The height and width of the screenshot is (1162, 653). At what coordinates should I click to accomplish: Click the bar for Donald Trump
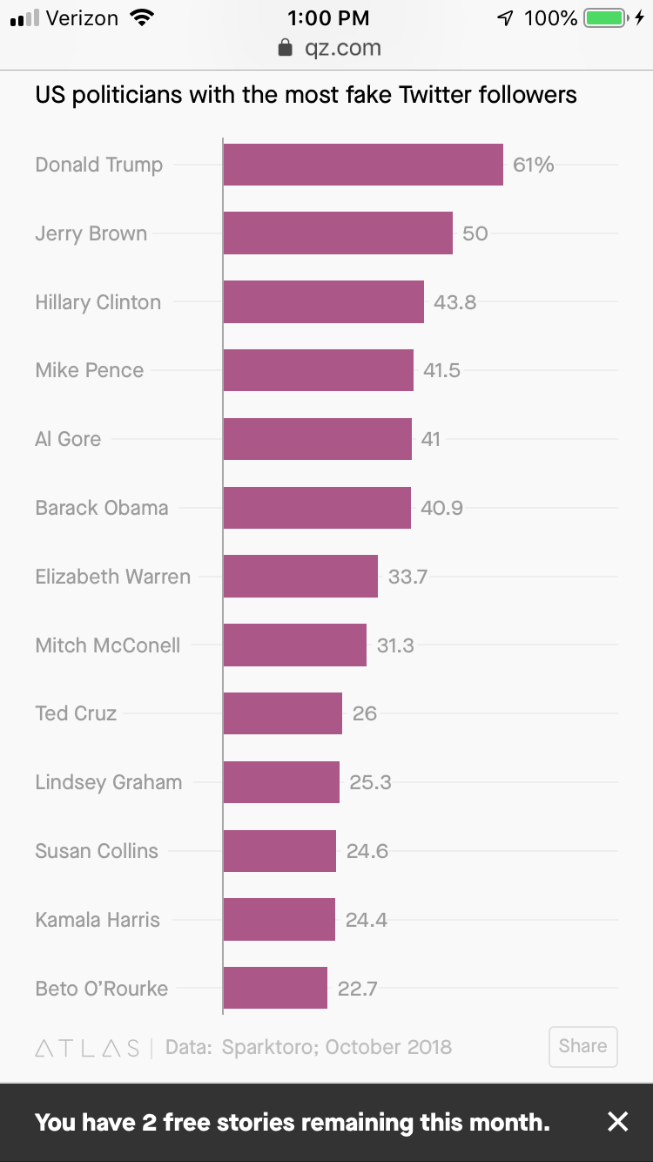363,165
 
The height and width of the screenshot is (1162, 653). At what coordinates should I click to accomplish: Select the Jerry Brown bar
338,233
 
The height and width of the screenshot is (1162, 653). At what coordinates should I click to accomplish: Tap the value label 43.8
454,302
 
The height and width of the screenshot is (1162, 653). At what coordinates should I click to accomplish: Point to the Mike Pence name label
90,370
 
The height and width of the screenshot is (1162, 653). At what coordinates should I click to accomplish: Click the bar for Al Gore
317,439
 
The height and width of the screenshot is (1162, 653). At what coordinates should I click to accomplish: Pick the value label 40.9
441,508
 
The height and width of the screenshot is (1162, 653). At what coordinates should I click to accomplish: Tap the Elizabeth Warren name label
112,577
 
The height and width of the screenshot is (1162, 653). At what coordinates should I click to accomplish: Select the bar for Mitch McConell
294,645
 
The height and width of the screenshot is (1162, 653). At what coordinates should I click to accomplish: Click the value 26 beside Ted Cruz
365,713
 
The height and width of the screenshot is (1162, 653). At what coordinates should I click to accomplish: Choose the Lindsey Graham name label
109,782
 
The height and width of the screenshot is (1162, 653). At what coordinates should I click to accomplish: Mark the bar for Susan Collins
279,851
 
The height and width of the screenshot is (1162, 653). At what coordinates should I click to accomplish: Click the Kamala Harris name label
98,920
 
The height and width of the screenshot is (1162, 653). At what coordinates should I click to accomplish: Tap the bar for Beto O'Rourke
275,989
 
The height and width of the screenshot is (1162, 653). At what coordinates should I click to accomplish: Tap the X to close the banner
617,1122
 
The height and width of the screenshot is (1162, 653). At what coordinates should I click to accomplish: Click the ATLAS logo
87,1048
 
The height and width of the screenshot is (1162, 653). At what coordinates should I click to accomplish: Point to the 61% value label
533,165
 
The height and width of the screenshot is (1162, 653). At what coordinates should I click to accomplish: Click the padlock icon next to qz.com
285,48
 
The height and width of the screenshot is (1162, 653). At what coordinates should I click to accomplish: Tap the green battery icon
606,17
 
